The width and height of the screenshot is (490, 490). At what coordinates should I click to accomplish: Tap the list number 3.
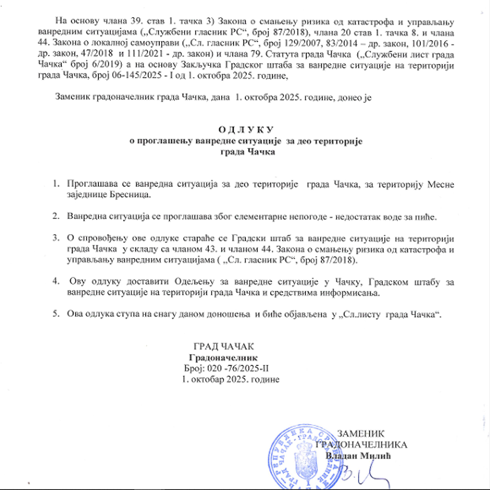click(x=56, y=237)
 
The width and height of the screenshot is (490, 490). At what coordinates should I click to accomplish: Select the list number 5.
click(x=56, y=313)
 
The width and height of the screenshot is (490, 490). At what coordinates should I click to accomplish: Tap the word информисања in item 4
click(x=349, y=292)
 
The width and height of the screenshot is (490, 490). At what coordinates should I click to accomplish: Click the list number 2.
click(x=56, y=216)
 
